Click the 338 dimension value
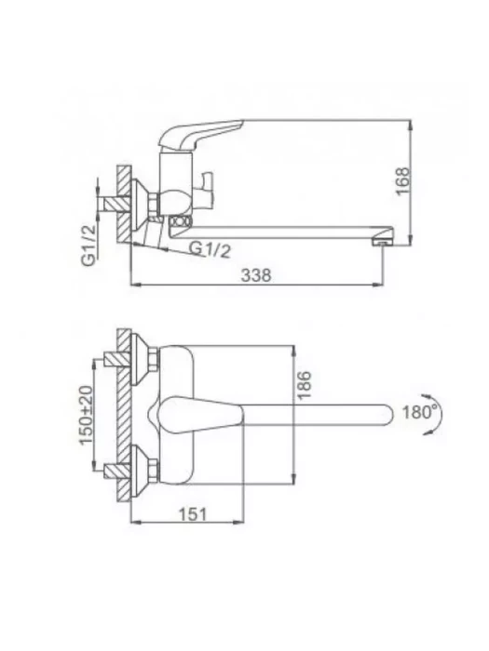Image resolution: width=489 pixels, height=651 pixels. click(x=256, y=275)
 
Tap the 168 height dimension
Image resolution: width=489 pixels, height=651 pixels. click(x=402, y=181)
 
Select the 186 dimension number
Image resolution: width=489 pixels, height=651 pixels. click(x=305, y=385)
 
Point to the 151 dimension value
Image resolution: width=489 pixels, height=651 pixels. click(x=193, y=514)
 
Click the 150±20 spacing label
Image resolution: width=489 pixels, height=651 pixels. click(x=87, y=415)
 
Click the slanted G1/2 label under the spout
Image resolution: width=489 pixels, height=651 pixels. click(x=210, y=249)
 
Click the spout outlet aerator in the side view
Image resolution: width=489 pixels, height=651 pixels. click(x=383, y=241)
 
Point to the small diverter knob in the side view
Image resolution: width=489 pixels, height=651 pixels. click(x=207, y=189)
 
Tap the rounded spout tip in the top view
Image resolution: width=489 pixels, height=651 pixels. click(x=385, y=415)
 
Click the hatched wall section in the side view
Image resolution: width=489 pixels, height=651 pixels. click(x=124, y=206)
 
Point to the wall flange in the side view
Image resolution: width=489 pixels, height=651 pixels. click(x=141, y=206)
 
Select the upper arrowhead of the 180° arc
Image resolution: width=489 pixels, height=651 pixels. click(x=424, y=395)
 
